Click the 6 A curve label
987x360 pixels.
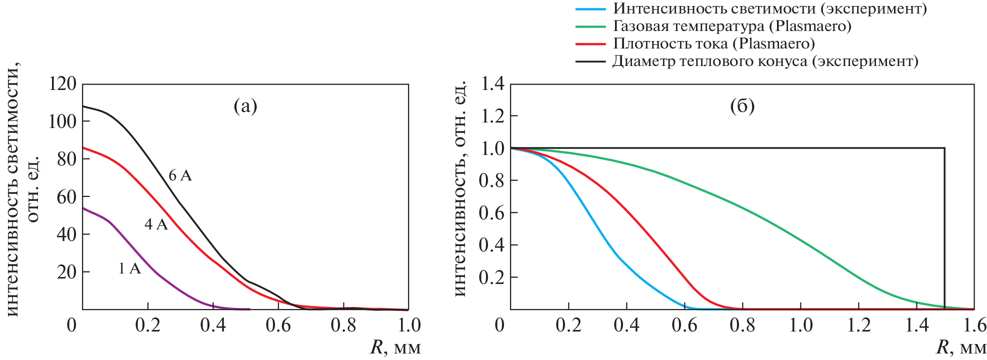coord(180,175)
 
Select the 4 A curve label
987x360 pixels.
coord(156,224)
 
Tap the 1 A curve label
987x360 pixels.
coord(129,269)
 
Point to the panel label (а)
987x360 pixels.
coord(245,106)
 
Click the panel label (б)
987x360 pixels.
coord(742,106)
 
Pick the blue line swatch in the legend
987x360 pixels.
coord(590,9)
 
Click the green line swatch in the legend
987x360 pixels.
coord(590,26)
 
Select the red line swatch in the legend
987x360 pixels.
coord(590,44)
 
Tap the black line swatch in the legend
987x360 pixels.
coord(590,61)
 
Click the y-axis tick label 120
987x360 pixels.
coord(62,83)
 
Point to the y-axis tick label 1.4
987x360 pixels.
coord(492,83)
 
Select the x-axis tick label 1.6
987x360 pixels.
coord(973,325)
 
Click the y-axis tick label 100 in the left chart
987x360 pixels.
coord(62,121)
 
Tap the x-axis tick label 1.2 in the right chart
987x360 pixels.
coord(858,325)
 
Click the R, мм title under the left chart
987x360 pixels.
coord(395,347)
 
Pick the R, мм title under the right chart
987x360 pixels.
coord(961,347)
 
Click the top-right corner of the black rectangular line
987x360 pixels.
coord(944,148)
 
